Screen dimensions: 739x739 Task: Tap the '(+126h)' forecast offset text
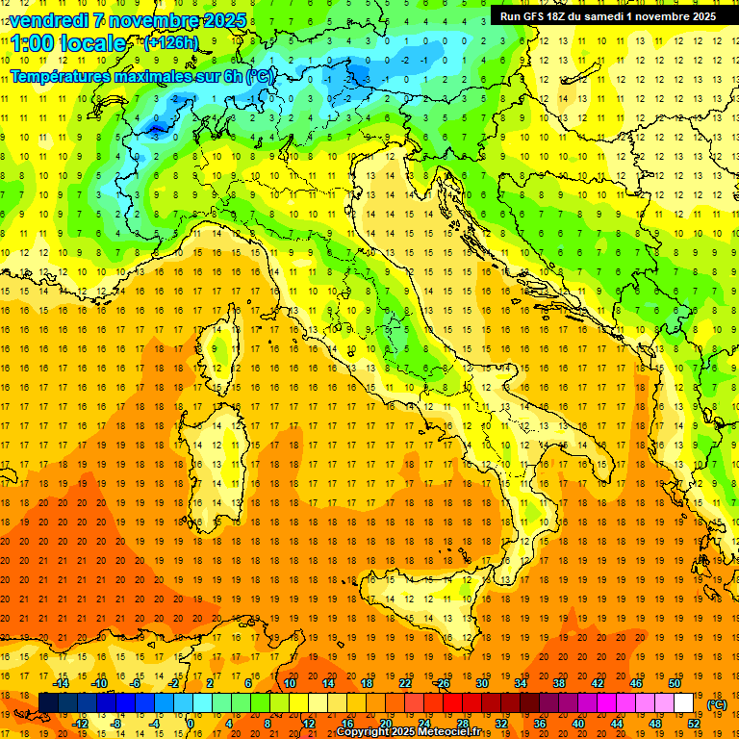pos(170,42)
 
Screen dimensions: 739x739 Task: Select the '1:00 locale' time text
pos(69,43)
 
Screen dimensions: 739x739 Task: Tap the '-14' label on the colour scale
pos(60,683)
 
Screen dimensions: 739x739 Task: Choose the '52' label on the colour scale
pos(694,723)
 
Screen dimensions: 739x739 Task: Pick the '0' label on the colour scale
pos(191,723)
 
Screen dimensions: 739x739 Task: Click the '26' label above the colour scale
pos(444,683)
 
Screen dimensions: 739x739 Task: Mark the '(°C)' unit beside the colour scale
pos(717,704)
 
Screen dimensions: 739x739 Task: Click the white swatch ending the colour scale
pos(684,703)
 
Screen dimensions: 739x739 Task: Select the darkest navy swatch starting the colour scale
pos(48,703)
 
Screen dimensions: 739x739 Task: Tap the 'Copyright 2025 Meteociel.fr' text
pos(415,732)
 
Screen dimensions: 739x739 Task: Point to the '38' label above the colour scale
pos(559,683)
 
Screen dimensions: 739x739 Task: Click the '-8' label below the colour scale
pos(117,723)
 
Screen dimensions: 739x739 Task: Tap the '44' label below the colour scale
pos(618,723)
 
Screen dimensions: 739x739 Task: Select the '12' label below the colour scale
pos(309,723)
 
